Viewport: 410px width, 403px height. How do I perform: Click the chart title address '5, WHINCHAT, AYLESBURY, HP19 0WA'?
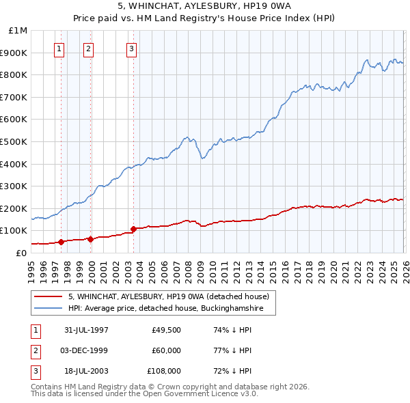tap(205, 6)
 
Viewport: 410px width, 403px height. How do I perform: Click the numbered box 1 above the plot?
tap(60, 48)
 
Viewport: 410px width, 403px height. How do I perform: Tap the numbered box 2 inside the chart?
tap(89, 48)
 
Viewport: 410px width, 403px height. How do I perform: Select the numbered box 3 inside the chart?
tap(131, 48)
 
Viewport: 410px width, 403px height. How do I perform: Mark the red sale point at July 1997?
tap(61, 241)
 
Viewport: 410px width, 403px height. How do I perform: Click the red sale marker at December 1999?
tap(90, 239)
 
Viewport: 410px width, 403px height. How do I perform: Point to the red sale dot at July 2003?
tap(134, 229)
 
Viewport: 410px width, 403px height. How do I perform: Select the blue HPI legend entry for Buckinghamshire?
tap(171, 308)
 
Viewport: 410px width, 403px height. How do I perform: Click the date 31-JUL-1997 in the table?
tap(86, 329)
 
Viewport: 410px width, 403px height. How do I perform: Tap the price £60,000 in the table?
tap(166, 350)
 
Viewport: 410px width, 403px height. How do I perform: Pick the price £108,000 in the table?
tap(165, 372)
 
